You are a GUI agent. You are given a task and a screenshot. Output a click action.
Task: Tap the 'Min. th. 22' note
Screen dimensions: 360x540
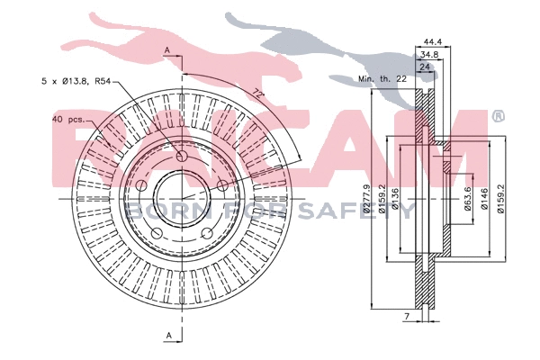click(383, 80)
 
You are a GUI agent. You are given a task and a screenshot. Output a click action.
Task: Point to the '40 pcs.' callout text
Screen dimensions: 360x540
click(68, 119)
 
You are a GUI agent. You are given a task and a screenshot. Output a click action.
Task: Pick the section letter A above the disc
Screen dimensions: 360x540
click(167, 49)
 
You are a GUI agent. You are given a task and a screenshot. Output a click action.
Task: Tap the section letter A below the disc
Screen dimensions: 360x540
click(167, 336)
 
